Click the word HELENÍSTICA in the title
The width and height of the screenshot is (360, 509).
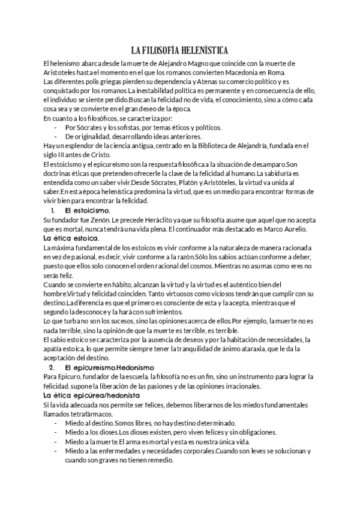tap(198, 50)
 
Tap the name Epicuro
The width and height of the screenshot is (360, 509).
tap(70, 376)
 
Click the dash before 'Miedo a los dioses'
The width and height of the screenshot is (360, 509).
tap(56, 432)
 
